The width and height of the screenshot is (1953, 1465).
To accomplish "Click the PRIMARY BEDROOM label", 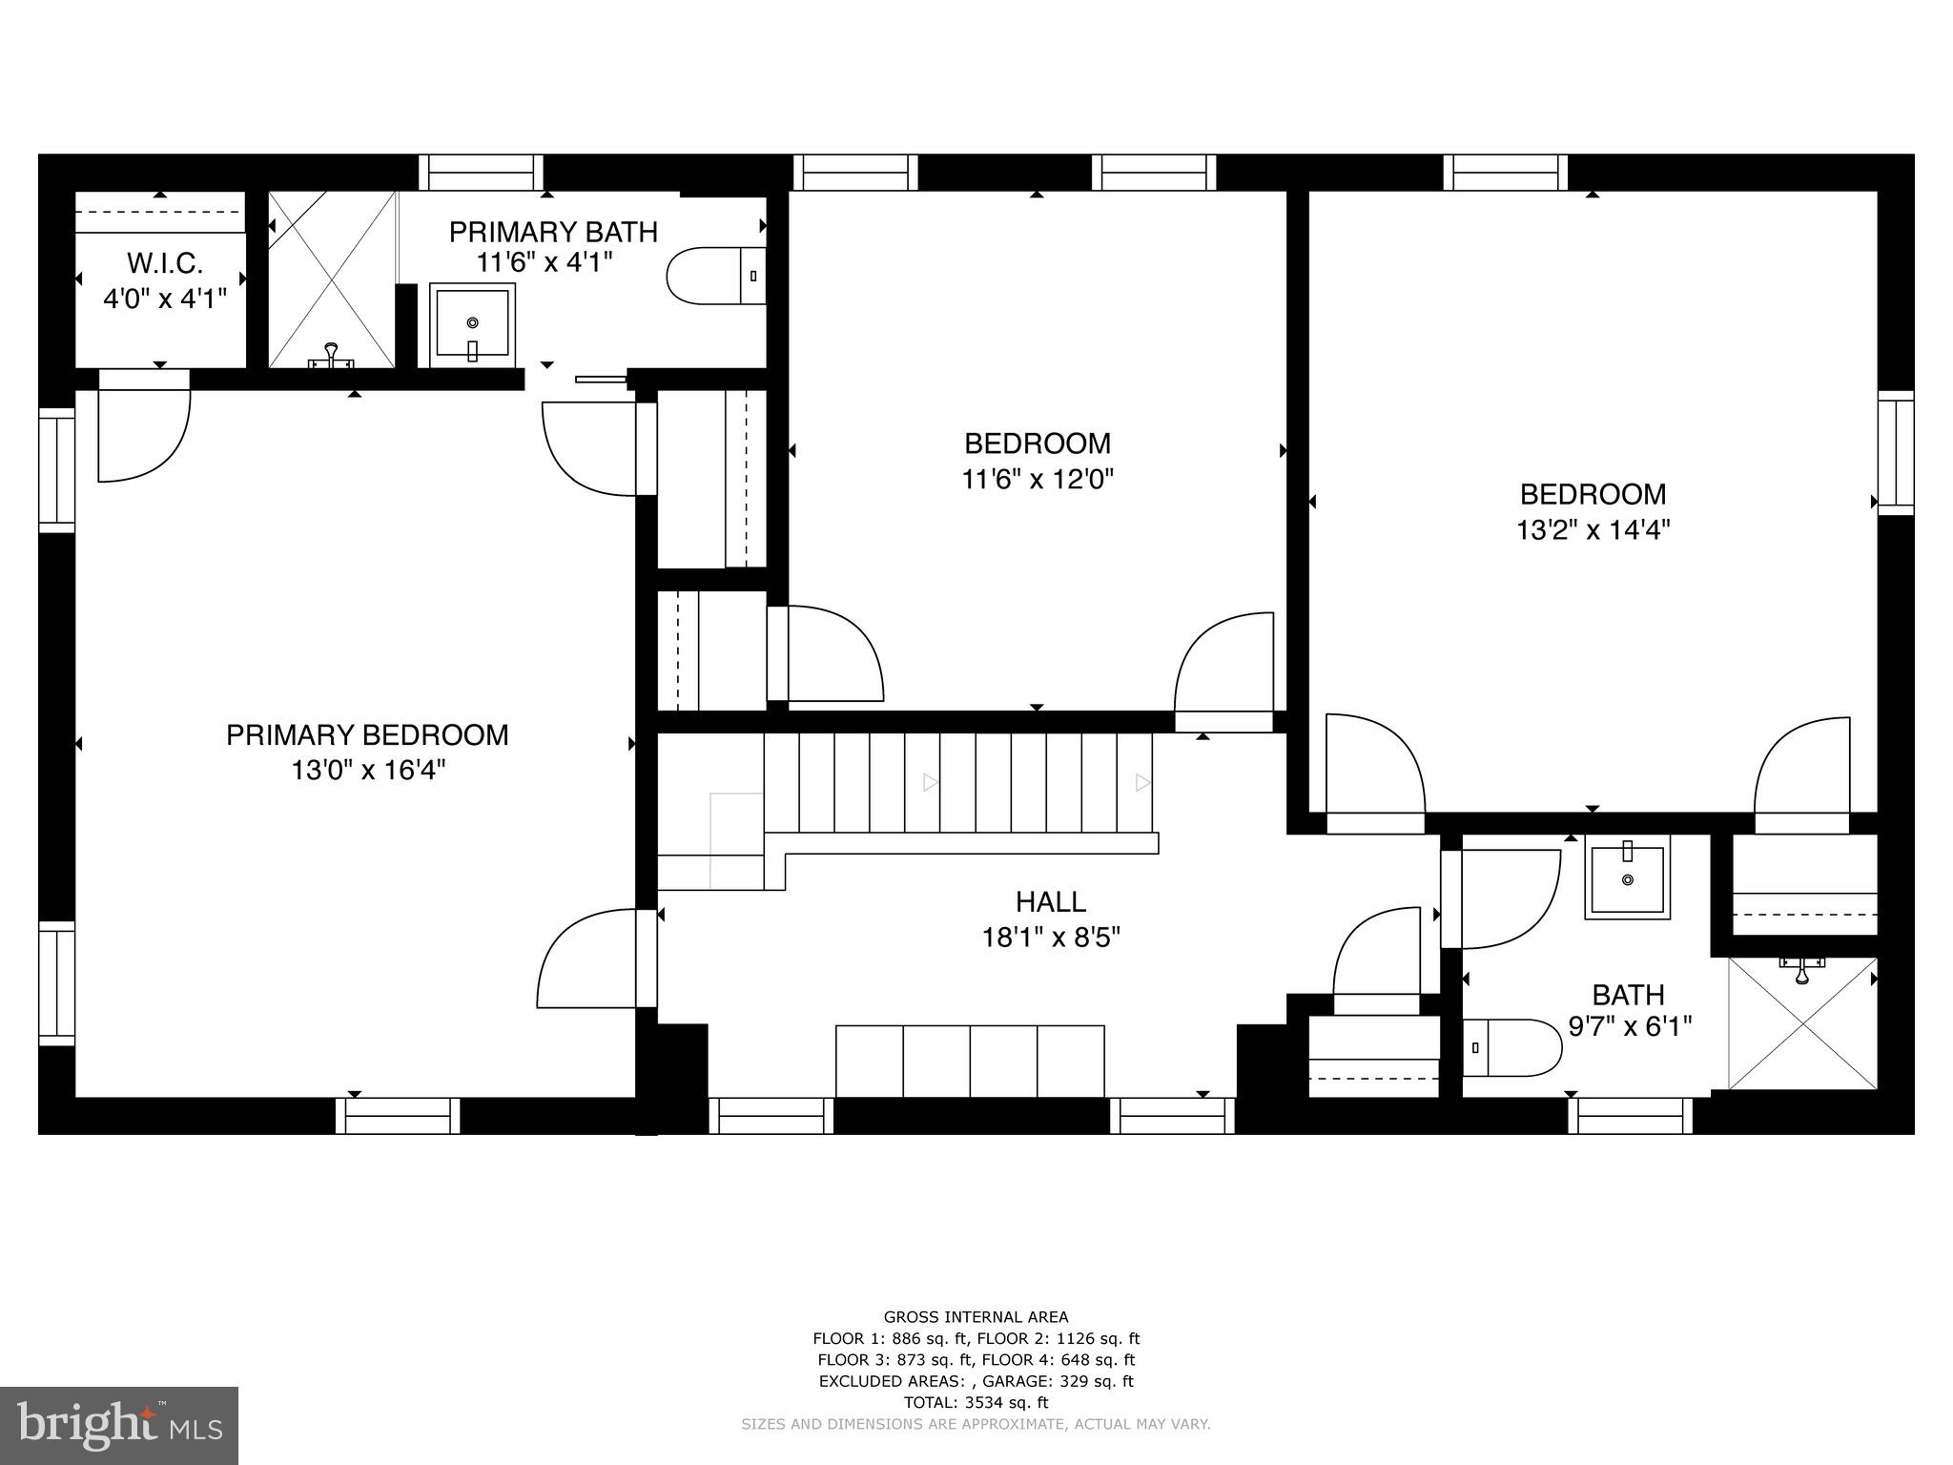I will tap(367, 734).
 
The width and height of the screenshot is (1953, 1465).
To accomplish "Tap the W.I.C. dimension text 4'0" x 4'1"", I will tap(165, 299).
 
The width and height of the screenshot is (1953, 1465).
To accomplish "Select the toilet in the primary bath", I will tap(715, 277).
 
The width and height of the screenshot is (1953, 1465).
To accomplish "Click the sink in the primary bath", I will tap(472, 324).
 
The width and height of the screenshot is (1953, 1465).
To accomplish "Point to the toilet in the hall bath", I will tap(1511, 1047).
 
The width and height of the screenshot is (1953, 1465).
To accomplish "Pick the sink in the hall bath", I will tap(1627, 877).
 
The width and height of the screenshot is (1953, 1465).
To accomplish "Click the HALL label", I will tap(1050, 901).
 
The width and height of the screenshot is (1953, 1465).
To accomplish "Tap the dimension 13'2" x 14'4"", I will tap(1593, 529).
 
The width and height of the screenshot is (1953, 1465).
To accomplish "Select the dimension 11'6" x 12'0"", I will tap(1038, 479).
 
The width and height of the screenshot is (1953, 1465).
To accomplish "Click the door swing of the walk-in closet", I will tap(143, 429).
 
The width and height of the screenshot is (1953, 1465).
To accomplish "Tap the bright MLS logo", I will tap(118, 1425).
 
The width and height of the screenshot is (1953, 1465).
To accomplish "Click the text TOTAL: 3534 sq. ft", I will tap(976, 1402).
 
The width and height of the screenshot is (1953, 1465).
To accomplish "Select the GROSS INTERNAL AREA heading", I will tap(976, 1317).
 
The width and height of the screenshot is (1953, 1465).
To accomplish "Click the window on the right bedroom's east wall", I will tap(1896, 453).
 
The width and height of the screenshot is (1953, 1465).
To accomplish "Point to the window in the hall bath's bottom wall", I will tap(1630, 1115).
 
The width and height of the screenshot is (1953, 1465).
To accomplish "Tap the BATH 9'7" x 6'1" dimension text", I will tap(1630, 1026).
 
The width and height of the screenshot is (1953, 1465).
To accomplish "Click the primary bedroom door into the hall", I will tap(591, 959).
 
